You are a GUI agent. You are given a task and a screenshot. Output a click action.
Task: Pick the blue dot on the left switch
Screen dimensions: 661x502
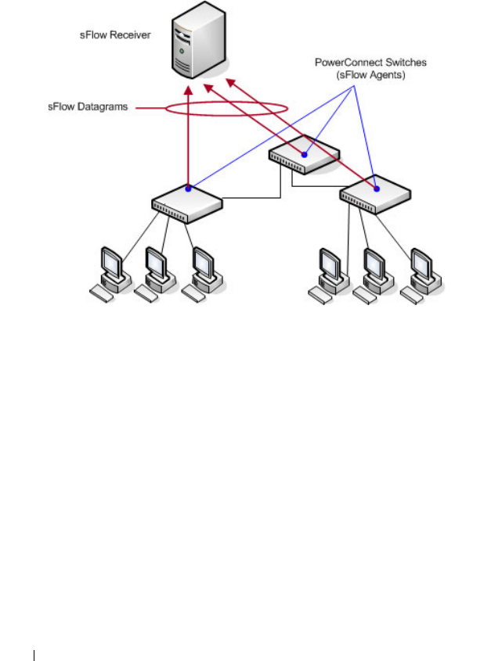(x=188, y=188)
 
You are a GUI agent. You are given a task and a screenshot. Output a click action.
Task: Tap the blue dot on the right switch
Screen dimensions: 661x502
(x=377, y=187)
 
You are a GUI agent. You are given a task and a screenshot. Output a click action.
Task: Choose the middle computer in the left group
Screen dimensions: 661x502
(x=154, y=274)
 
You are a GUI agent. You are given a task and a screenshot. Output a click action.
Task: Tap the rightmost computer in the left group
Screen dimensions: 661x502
(x=201, y=274)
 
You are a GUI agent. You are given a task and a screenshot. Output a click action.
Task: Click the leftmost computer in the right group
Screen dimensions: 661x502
(x=327, y=274)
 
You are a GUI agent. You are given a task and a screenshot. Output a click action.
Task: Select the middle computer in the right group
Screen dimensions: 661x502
(x=372, y=274)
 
